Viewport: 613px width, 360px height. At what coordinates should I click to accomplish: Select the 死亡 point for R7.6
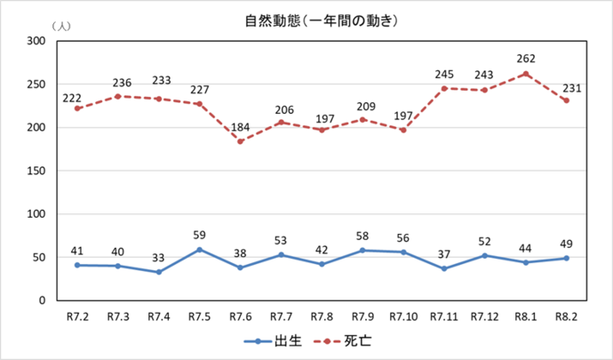click(241, 141)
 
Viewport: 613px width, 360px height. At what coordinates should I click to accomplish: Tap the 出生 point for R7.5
click(200, 250)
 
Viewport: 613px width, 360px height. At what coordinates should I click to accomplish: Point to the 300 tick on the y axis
click(37, 41)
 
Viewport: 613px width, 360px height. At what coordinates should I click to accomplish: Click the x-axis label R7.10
click(403, 316)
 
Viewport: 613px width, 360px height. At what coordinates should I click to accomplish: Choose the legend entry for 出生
click(271, 340)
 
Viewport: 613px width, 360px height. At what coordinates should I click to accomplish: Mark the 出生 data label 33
click(159, 259)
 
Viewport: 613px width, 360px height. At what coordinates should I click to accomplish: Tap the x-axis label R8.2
click(566, 316)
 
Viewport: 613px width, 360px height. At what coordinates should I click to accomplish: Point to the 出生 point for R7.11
click(443, 268)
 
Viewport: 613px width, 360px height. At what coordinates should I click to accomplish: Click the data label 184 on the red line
click(241, 127)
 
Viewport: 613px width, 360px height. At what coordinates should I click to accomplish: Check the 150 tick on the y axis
click(37, 171)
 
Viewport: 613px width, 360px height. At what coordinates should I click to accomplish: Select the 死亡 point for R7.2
click(78, 108)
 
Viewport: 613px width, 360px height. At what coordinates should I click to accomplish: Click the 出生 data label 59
click(200, 236)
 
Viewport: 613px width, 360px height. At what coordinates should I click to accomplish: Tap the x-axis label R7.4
click(159, 316)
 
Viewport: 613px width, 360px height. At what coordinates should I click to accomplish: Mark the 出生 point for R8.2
click(566, 258)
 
